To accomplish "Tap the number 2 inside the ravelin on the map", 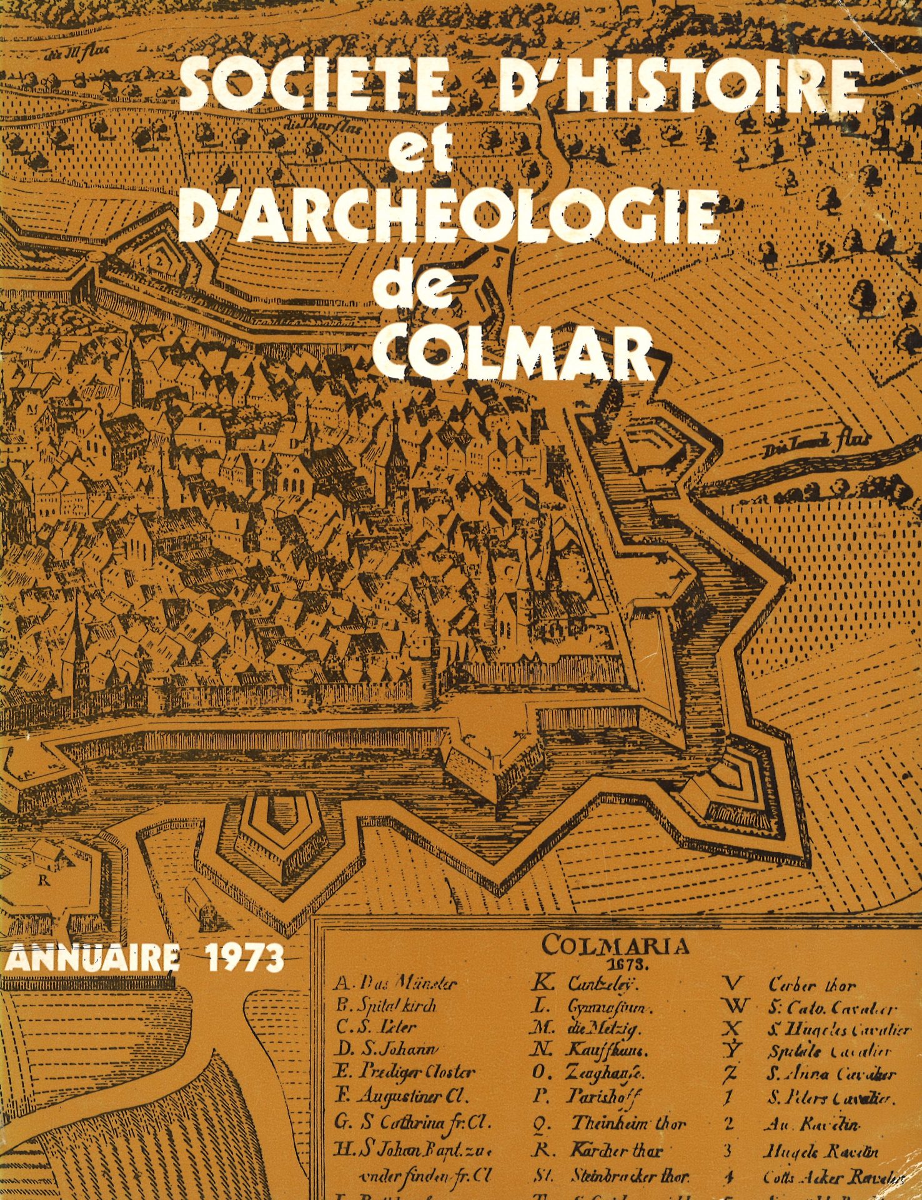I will (x=162, y=262).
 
